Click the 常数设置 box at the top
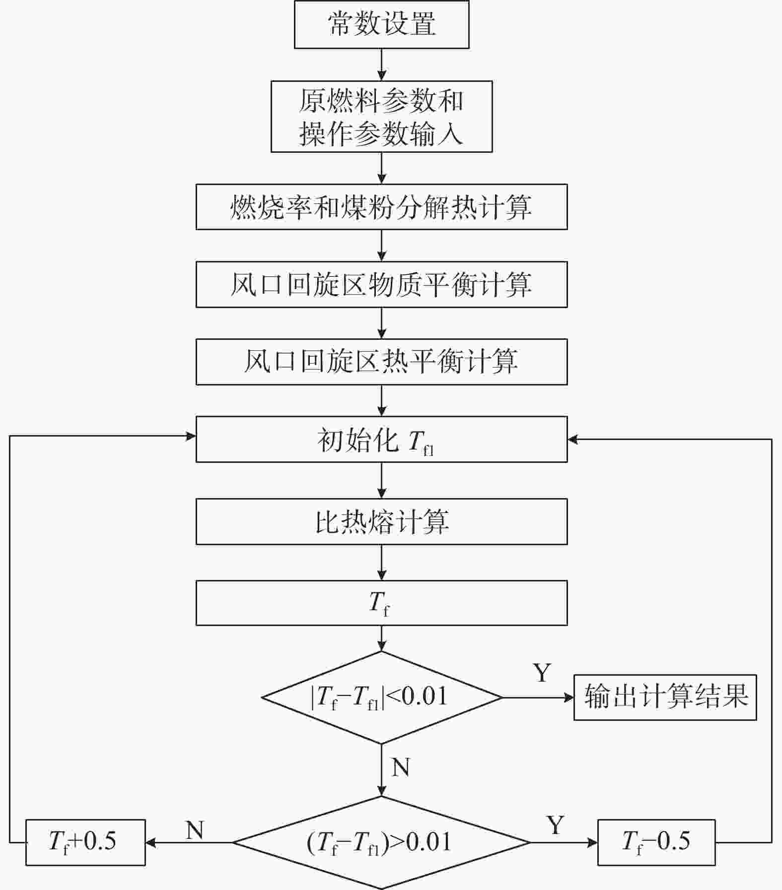pyautogui.click(x=381, y=24)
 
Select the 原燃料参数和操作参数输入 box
pyautogui.click(x=381, y=117)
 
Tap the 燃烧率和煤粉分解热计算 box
pyautogui.click(x=381, y=207)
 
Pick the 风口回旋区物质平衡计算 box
pyautogui.click(x=381, y=285)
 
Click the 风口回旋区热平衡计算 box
pyautogui.click(x=381, y=362)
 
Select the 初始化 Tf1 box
pyautogui.click(x=381, y=440)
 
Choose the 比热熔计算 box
pyautogui.click(x=381, y=521)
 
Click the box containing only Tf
pyautogui.click(x=381, y=603)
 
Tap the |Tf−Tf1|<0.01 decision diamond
pyautogui.click(x=381, y=697)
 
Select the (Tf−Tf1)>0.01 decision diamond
pyautogui.click(x=381, y=842)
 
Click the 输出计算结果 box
pyautogui.click(x=665, y=697)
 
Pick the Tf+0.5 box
pyautogui.click(x=85, y=842)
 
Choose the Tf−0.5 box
pyautogui.click(x=656, y=842)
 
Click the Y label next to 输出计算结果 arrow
pyautogui.click(x=542, y=673)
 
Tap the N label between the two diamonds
pyautogui.click(x=401, y=767)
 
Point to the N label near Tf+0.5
pyautogui.click(x=195, y=829)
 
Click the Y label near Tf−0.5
pyautogui.click(x=556, y=825)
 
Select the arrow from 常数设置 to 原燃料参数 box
pyautogui.click(x=381, y=64)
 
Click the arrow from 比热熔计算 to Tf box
pyautogui.click(x=381, y=563)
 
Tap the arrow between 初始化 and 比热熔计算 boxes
pyautogui.click(x=381, y=480)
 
